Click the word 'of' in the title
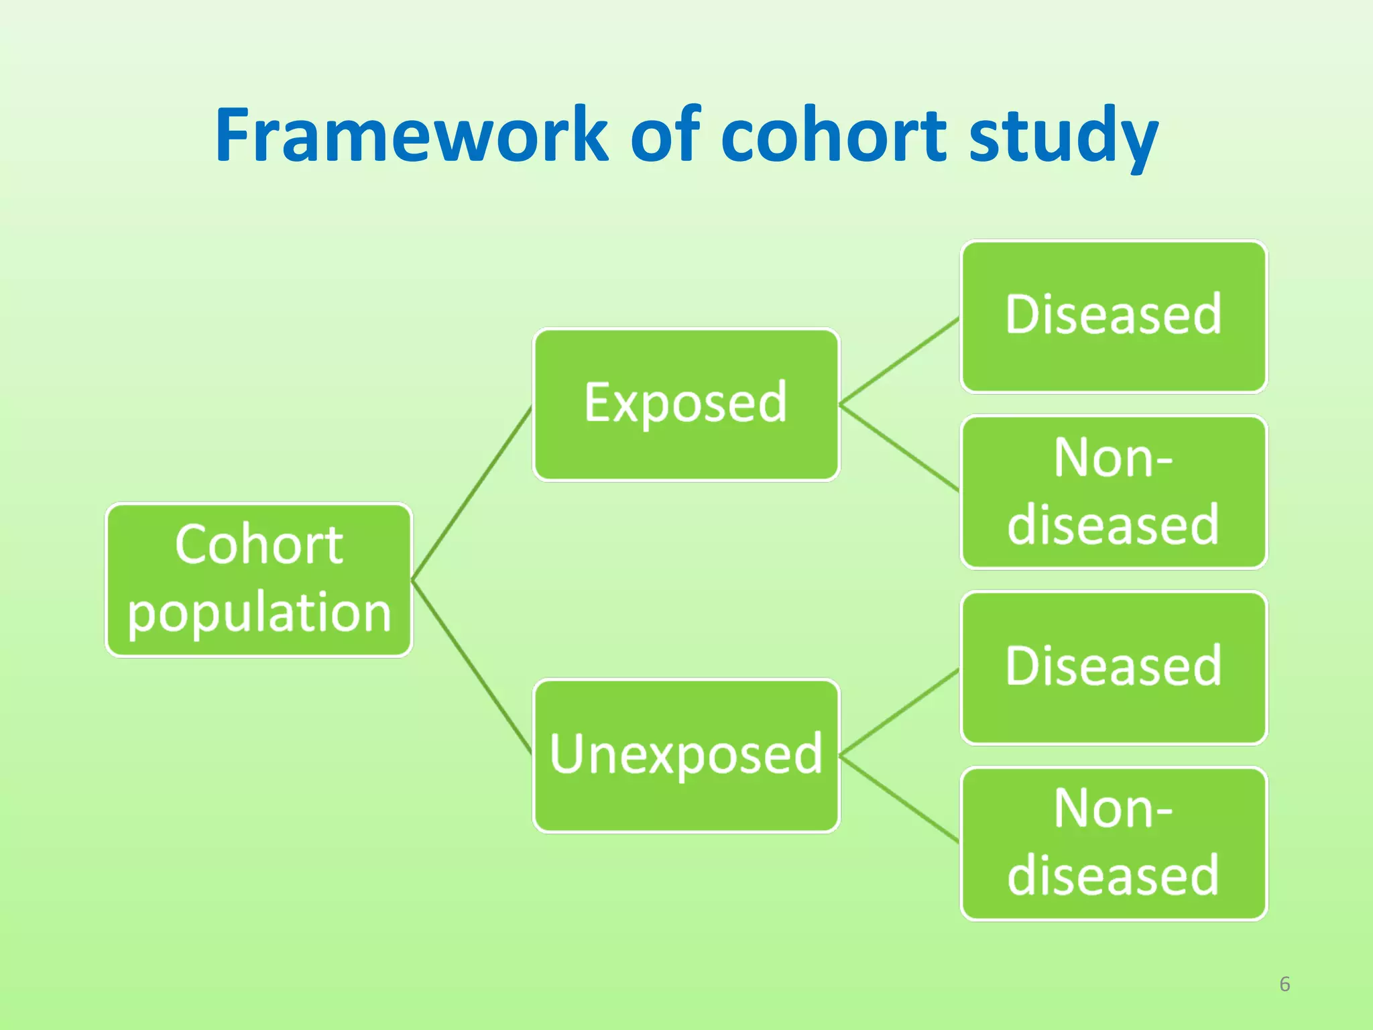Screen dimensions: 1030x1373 664,136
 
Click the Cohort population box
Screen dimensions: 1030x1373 259,579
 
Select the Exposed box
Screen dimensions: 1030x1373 686,404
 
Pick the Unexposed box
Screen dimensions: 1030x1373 686,756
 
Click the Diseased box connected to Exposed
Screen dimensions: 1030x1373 1114,317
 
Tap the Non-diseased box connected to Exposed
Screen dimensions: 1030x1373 1114,492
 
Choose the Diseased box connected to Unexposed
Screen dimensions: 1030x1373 1114,668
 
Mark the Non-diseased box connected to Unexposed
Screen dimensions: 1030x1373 1114,844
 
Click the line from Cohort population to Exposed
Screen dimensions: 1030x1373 472,493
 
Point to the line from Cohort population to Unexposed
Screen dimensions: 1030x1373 472,667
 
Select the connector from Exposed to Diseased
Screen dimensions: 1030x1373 898,361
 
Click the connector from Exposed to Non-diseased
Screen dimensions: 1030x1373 898,447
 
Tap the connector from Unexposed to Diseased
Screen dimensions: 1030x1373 898,712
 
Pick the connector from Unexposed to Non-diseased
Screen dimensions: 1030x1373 898,799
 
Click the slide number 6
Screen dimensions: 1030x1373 1285,984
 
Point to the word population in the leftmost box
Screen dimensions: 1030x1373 259,613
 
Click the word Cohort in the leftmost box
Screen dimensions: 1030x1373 259,545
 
